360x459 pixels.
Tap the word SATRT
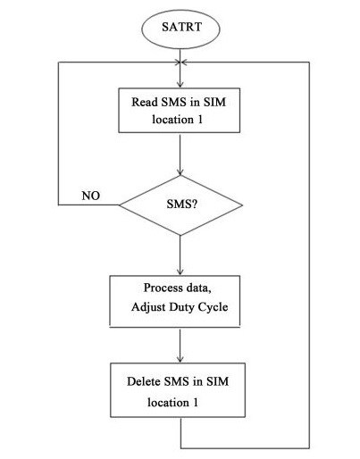pyautogui.click(x=181, y=27)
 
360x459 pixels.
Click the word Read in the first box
pyautogui.click(x=145, y=102)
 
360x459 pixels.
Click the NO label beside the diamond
pyautogui.click(x=91, y=196)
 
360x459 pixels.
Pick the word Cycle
pyautogui.click(x=213, y=307)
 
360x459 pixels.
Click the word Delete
pyautogui.click(x=144, y=381)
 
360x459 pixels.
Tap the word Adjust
pyautogui.click(x=148, y=307)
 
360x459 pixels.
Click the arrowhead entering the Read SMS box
pyautogui.click(x=180, y=85)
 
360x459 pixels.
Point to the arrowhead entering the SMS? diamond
pyautogui.click(x=180, y=172)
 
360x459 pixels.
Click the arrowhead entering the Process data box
pyautogui.click(x=180, y=272)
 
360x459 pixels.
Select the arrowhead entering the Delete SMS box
pyautogui.click(x=180, y=359)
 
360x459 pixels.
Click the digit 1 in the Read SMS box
pyautogui.click(x=199, y=120)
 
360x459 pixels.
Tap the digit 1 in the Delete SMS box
pyautogui.click(x=196, y=403)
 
